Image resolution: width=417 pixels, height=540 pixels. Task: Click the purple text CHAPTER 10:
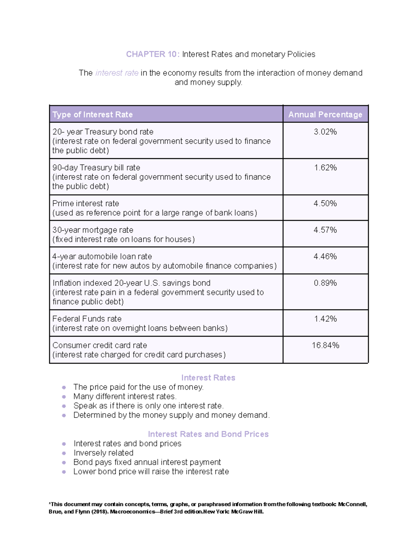(x=153, y=54)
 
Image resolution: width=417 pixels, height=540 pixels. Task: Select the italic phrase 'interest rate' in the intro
(x=117, y=73)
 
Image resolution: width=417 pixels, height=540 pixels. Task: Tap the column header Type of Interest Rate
(x=92, y=115)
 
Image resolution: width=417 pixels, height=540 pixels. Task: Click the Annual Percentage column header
(x=325, y=115)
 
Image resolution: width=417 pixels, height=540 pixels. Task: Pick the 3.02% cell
(x=325, y=132)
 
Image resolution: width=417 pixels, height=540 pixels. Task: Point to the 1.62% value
(x=325, y=168)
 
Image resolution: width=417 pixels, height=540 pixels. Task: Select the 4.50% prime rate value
(x=325, y=203)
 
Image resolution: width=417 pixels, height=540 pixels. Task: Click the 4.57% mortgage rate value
(x=325, y=230)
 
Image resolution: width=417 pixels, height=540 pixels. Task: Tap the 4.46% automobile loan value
(x=325, y=256)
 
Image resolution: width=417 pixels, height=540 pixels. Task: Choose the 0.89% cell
(x=325, y=283)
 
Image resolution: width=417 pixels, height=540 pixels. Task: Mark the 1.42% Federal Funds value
(x=325, y=319)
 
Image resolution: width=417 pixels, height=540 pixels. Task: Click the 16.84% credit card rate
(x=325, y=345)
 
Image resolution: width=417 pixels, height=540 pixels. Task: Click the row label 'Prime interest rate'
(x=85, y=203)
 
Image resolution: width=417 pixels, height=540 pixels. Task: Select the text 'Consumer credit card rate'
(x=99, y=345)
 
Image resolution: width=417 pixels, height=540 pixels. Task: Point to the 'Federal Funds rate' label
(x=87, y=319)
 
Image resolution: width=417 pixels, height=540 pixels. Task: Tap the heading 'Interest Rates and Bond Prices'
(x=208, y=434)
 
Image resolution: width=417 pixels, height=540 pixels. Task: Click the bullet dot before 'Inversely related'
(x=64, y=453)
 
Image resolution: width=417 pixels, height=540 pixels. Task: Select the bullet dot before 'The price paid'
(x=64, y=387)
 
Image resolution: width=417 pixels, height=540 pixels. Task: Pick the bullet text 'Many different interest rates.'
(x=125, y=396)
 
